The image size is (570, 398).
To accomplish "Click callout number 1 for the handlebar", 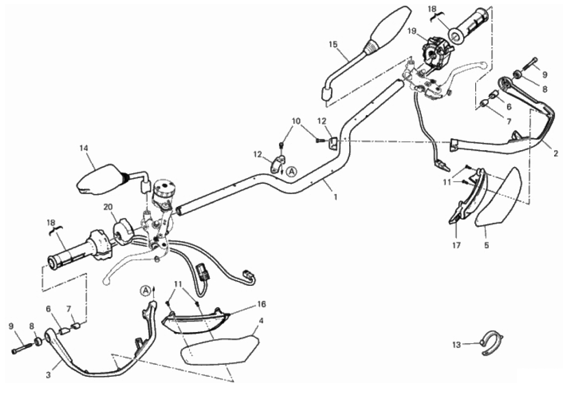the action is click(335, 197).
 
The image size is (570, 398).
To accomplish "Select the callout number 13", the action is click(456, 344).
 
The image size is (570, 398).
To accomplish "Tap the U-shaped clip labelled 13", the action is click(493, 342).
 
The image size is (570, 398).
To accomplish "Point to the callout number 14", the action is click(84, 148).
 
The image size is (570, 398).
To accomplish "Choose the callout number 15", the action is click(333, 44).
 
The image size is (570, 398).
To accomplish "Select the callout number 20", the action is click(108, 206).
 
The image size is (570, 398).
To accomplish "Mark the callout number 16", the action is click(261, 304).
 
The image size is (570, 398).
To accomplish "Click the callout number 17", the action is click(456, 245).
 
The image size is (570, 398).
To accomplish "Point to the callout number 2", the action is click(556, 154).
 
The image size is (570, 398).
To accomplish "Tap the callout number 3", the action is click(48, 375).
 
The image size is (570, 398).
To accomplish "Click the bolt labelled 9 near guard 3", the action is click(22, 348).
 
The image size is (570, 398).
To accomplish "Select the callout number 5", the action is click(486, 245).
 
